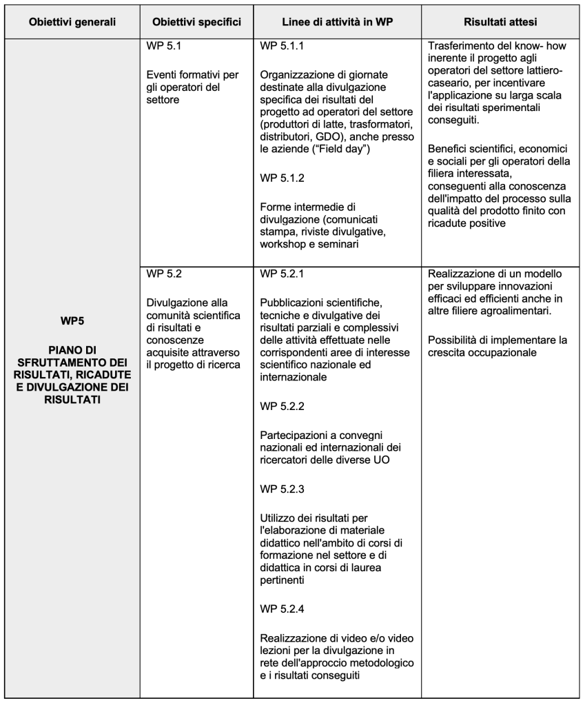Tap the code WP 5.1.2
click(283, 177)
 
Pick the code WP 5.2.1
click(283, 274)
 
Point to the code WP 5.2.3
click(283, 489)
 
